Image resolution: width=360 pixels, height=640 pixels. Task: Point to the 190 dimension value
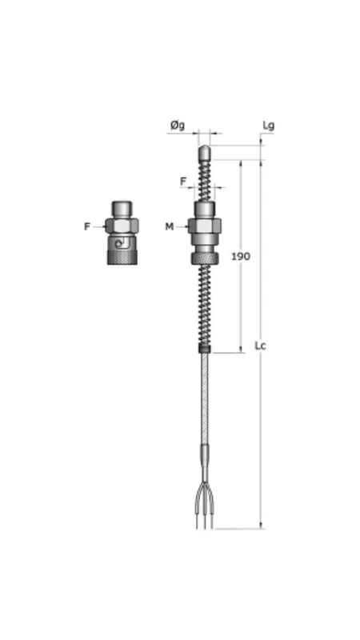[x=240, y=256]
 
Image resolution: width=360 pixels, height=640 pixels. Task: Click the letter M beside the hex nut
[x=170, y=226]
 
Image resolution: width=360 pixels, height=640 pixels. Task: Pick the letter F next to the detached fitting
[x=87, y=226]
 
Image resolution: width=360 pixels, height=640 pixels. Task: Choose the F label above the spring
[x=183, y=182]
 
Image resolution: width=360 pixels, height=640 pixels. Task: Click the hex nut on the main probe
[x=205, y=226]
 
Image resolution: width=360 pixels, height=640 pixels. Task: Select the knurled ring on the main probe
[x=205, y=258]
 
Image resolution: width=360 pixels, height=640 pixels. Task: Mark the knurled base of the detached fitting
[x=122, y=257]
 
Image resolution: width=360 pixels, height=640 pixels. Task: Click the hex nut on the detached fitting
[x=122, y=225]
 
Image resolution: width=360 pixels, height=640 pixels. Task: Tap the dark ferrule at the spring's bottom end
[x=205, y=348]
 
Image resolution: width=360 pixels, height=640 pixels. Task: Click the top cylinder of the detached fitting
[x=122, y=208]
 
